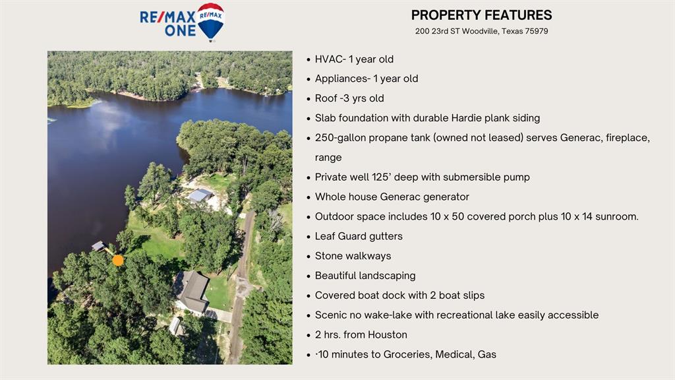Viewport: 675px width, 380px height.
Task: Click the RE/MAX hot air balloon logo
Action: tap(210, 22)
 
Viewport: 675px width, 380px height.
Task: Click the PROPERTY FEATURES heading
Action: tap(481, 15)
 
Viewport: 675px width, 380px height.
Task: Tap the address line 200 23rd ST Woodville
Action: tap(481, 31)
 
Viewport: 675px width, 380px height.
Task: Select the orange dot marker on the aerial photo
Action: tap(118, 260)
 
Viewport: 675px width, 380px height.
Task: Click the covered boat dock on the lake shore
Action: tap(99, 246)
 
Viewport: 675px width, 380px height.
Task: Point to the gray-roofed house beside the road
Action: tap(192, 292)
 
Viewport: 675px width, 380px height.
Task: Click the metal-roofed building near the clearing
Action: tap(200, 195)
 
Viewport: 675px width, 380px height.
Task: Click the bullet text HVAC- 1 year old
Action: tap(354, 59)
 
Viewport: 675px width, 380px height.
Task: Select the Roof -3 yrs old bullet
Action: tap(349, 98)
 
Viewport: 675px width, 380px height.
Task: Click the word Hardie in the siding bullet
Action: tap(466, 118)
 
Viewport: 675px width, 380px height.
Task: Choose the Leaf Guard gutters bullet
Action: tap(359, 237)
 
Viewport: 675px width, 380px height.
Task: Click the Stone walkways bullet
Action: tap(353, 256)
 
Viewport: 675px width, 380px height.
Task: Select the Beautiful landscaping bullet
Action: tap(365, 276)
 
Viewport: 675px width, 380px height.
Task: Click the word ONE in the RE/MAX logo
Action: tap(180, 30)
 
